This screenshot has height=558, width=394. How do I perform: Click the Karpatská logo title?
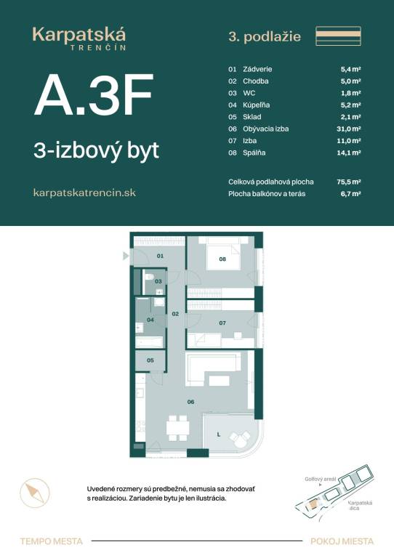click(x=79, y=34)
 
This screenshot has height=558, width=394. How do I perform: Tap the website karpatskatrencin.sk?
click(x=85, y=193)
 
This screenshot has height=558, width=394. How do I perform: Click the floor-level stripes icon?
click(x=338, y=36)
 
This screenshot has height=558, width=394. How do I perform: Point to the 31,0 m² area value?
click(x=350, y=128)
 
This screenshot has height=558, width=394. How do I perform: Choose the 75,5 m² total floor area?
click(x=350, y=182)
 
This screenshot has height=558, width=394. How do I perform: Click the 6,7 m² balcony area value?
click(x=352, y=194)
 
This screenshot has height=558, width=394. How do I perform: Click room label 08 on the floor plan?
click(x=222, y=259)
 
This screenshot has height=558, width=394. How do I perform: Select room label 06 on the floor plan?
click(x=191, y=401)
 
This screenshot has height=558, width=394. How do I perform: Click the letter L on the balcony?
click(x=217, y=434)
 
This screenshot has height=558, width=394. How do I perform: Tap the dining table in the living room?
click(x=178, y=428)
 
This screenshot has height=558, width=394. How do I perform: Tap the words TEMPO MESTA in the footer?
click(x=52, y=541)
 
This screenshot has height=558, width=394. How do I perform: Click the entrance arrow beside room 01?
click(x=126, y=256)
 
